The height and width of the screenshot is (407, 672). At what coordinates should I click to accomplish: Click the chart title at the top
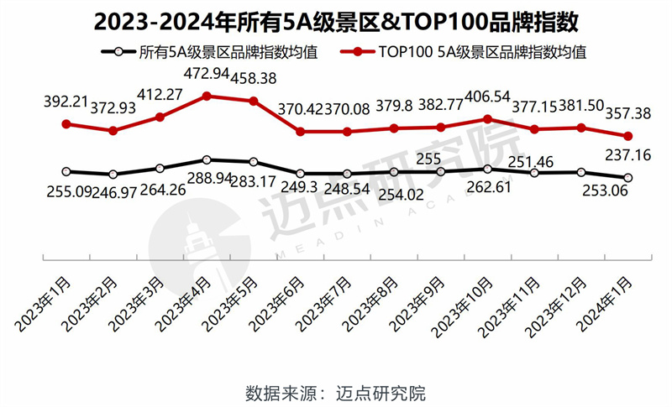coord(336,18)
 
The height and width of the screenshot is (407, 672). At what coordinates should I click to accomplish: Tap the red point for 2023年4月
coord(207,96)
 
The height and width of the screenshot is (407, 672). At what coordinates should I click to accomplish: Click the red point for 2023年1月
coord(66,123)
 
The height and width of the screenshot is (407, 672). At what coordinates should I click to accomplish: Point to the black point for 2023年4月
coord(207,159)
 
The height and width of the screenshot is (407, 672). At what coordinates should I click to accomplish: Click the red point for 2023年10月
coord(487,118)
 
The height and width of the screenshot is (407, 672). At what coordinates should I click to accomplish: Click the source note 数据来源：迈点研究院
coord(336,392)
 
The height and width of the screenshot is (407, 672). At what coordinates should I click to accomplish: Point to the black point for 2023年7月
coord(347,174)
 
